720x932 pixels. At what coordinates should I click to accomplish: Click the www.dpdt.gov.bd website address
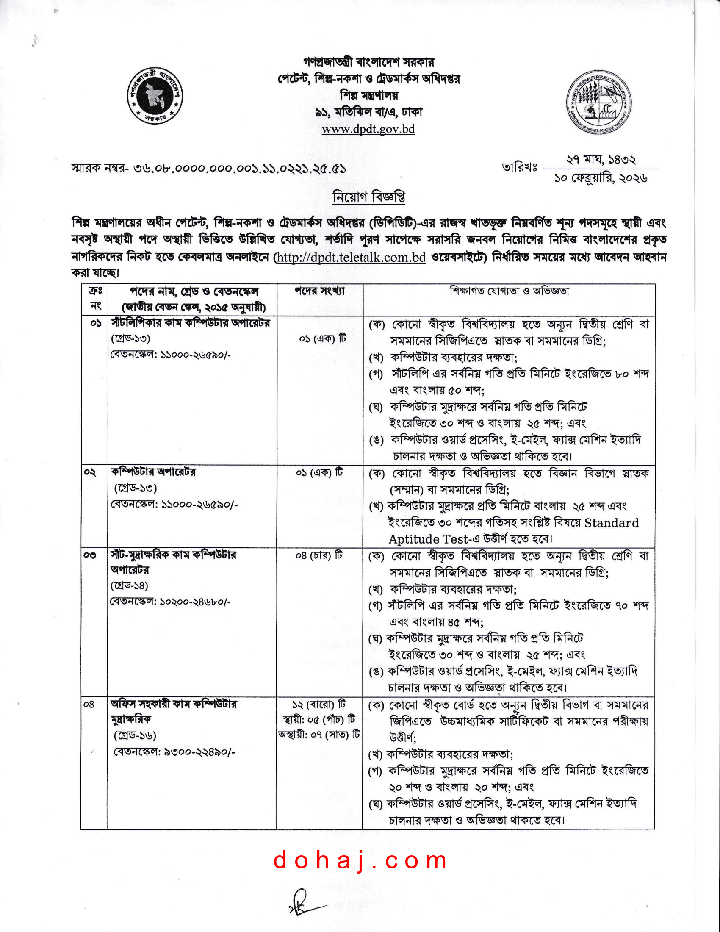[x=368, y=129]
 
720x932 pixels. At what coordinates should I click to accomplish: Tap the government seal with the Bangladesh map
[x=155, y=95]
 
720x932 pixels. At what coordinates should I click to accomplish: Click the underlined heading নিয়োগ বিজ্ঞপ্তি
[x=368, y=197]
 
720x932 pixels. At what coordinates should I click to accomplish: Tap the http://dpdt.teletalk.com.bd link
[x=352, y=257]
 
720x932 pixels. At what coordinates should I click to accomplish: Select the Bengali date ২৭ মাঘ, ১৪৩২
[x=601, y=160]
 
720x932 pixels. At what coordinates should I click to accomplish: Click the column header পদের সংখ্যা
[x=319, y=291]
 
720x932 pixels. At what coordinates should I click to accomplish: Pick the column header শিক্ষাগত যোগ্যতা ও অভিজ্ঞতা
[x=509, y=291]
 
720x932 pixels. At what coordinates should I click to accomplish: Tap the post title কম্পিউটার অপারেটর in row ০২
[x=154, y=472]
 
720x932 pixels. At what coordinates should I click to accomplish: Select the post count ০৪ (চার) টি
[x=319, y=556]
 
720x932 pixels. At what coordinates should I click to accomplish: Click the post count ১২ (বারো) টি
[x=319, y=704]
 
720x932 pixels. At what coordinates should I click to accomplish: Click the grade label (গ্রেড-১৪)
[x=129, y=585]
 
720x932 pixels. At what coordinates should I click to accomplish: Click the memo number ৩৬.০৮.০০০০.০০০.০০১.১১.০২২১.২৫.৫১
[x=239, y=169]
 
